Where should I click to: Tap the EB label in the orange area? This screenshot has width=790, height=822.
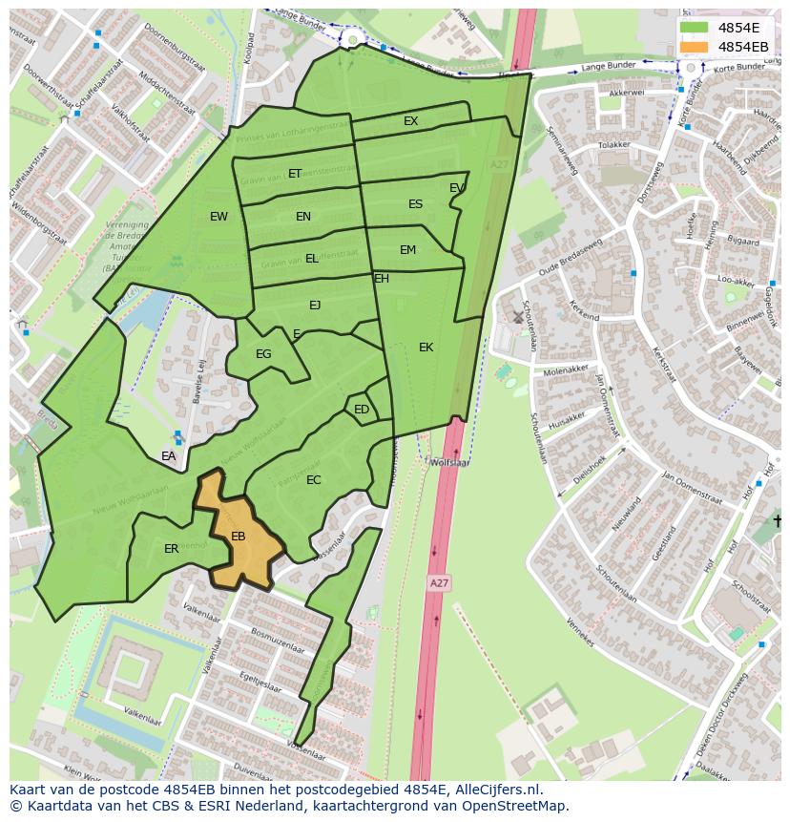(x=239, y=537)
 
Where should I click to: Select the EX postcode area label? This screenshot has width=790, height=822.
(x=410, y=121)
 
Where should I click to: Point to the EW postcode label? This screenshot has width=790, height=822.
(x=218, y=217)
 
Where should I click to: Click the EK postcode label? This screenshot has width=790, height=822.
(x=426, y=348)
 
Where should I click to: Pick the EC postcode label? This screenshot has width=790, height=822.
(x=314, y=480)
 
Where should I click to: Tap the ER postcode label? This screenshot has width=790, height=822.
(x=171, y=549)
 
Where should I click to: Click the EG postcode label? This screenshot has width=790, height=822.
(x=263, y=354)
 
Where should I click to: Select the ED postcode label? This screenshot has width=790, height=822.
(x=362, y=410)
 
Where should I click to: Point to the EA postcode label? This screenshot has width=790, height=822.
(x=169, y=456)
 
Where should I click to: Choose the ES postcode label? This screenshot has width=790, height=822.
(x=415, y=204)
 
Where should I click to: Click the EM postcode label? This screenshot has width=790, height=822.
(x=407, y=250)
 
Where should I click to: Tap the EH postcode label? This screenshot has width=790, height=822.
(x=382, y=279)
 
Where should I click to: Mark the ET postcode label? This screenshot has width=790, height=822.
(x=295, y=174)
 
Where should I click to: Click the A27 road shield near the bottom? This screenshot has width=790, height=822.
(x=438, y=582)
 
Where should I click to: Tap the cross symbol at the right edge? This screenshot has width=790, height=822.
(x=778, y=520)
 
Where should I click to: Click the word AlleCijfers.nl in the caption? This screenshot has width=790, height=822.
(x=496, y=790)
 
